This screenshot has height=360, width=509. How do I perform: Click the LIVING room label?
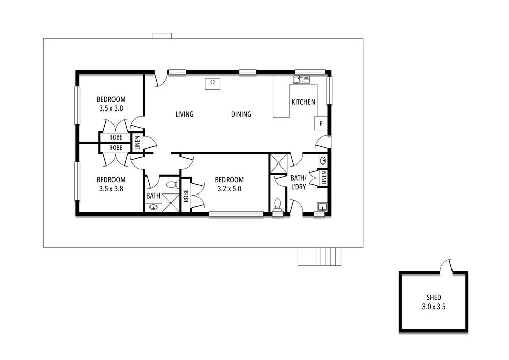[184, 114]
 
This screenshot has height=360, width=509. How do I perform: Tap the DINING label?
[241, 114]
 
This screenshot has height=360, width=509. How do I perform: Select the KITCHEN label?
[303, 102]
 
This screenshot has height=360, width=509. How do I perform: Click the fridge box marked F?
[321, 123]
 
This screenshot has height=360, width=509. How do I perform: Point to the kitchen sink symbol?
[301, 79]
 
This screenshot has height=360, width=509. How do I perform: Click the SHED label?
[434, 297]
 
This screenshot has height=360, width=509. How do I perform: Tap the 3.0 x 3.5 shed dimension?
[434, 307]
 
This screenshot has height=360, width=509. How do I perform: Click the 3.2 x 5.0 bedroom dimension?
[229, 189]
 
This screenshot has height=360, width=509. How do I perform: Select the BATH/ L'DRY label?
[298, 182]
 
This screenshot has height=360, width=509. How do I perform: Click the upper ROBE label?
[116, 137]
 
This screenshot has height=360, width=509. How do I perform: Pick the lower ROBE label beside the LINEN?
[116, 148]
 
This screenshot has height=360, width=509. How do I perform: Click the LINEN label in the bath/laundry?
[324, 178]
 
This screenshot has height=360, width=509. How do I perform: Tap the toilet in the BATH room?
[172, 185]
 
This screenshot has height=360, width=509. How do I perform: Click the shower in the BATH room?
[171, 203]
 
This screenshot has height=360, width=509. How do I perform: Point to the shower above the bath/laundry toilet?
[278, 163]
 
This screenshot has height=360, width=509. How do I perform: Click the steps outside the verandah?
[320, 257]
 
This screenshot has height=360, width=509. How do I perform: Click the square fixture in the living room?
[213, 84]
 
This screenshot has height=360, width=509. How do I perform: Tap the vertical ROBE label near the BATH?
[186, 196]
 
